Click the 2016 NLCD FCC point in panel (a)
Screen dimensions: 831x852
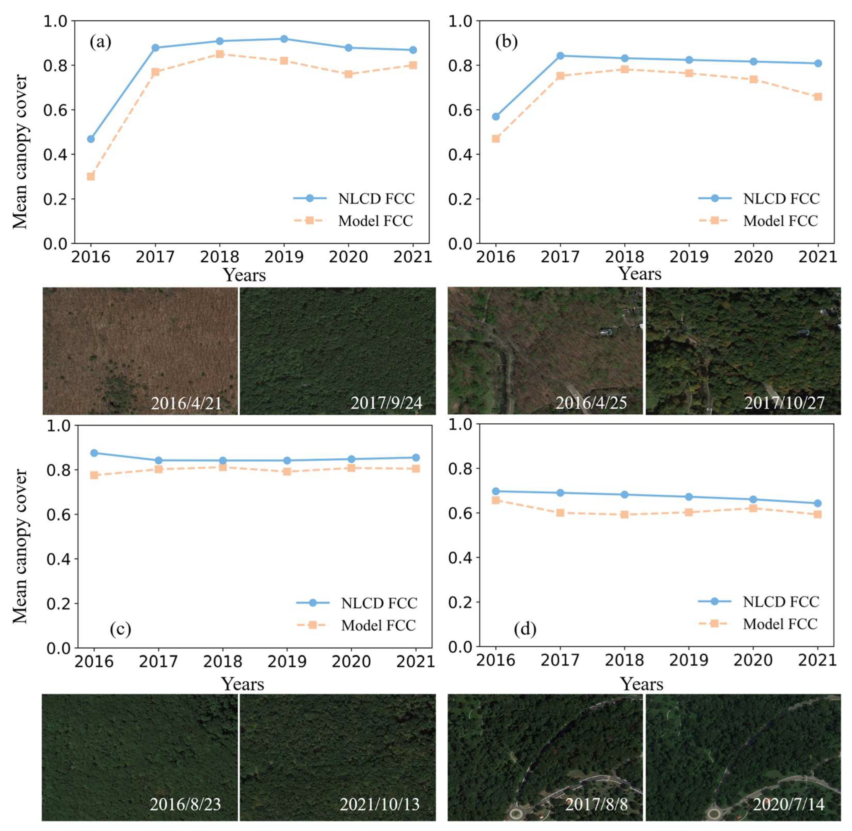coord(91,139)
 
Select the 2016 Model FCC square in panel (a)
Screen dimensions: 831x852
coord(91,176)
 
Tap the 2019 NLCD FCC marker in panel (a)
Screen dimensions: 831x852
coord(284,39)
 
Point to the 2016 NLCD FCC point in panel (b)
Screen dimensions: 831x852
coord(496,117)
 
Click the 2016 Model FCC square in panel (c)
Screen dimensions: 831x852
coord(94,475)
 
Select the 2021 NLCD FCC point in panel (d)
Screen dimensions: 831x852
coord(817,503)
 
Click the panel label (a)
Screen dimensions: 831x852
coord(100,42)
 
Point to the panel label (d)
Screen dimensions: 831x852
coord(525,629)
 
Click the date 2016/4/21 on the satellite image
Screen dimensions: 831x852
coord(186,403)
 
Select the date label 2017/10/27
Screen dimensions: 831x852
coord(784,403)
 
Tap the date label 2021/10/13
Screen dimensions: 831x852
coord(380,804)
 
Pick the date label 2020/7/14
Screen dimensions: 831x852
coord(788,804)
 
